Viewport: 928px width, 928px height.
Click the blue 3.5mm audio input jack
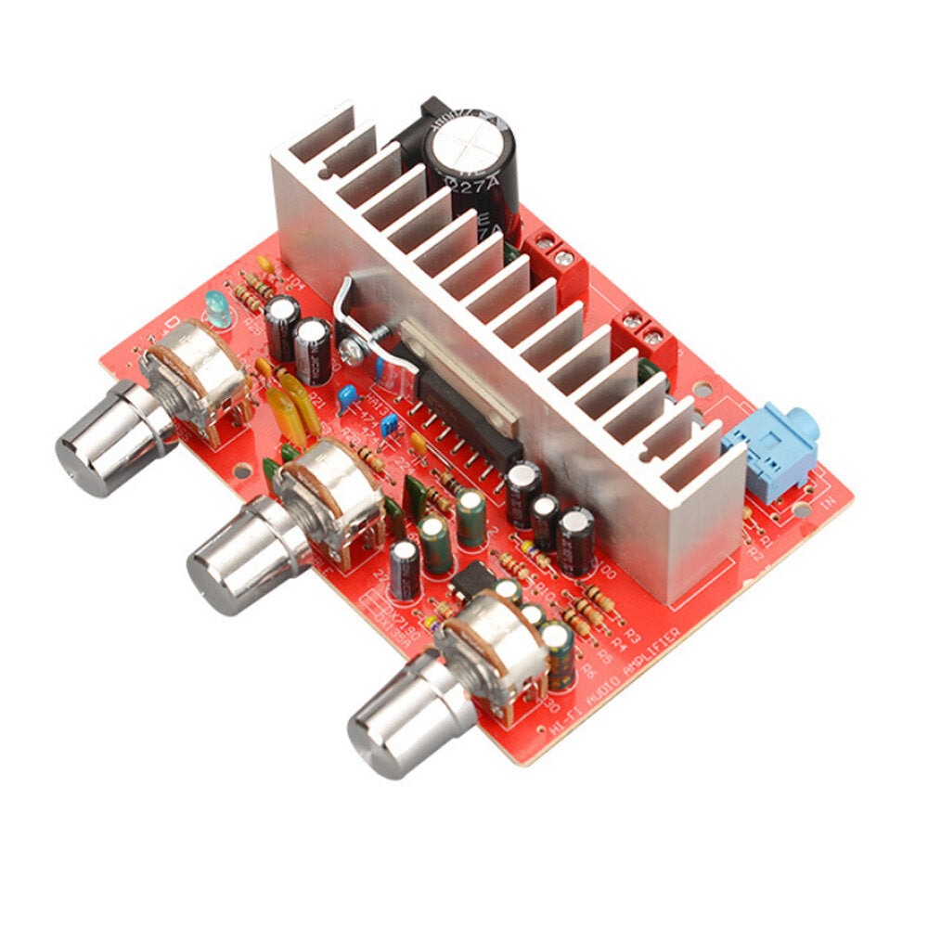click(769, 450)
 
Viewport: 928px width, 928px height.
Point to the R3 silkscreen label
click(635, 636)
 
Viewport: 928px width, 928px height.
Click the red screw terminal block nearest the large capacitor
click(552, 254)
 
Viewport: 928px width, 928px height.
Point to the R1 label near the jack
click(765, 537)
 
